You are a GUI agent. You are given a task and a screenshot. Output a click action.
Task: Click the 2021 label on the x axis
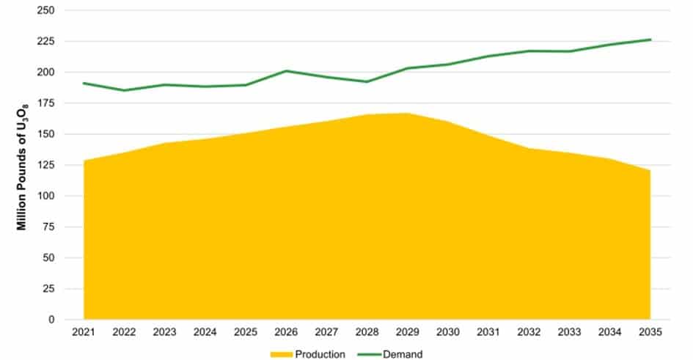coord(84,332)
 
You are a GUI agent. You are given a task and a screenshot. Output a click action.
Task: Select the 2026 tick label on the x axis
coord(286,332)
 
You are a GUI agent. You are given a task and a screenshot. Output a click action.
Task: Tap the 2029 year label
coord(408,332)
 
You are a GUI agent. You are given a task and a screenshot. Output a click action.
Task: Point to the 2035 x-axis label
coord(650,332)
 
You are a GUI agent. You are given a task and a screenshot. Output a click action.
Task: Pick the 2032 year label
coord(529,332)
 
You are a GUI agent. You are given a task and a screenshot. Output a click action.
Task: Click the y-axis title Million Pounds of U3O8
coord(23,165)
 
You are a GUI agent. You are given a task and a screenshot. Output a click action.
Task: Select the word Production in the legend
coord(320,354)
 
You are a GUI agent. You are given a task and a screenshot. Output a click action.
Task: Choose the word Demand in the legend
coord(402,354)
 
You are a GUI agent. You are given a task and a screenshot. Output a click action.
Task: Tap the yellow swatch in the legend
coord(282,354)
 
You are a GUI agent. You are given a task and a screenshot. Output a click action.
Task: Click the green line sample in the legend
coord(368,354)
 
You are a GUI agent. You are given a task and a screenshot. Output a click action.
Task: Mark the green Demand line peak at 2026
coord(286,71)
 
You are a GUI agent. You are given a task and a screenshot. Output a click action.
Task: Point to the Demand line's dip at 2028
coord(367,81)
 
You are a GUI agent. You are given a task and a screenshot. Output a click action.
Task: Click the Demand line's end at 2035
coord(650,40)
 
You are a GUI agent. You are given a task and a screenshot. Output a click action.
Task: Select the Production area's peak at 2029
coord(408,114)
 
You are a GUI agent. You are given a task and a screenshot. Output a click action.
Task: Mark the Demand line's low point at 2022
coord(125,90)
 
